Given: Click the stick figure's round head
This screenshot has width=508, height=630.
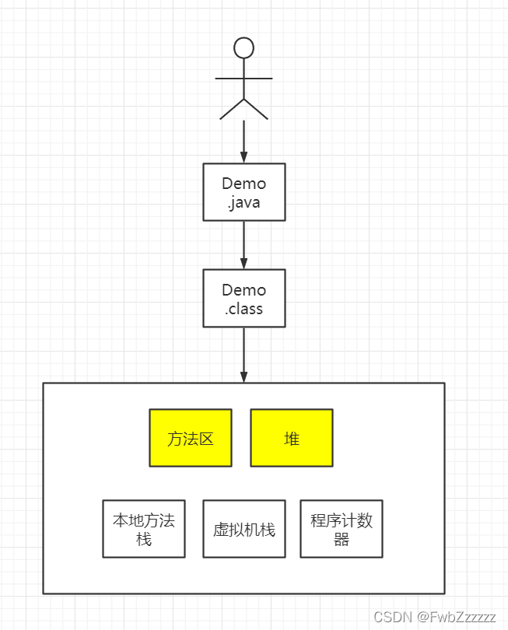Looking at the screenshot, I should [243, 48].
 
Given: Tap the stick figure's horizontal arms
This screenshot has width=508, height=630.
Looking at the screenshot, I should [243, 79].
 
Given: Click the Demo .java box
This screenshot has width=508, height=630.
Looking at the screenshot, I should [243, 192].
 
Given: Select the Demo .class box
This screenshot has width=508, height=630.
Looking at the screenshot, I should [243, 299].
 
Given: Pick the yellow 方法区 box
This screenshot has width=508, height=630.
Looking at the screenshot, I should [191, 438].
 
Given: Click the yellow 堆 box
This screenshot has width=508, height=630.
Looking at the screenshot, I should [292, 438].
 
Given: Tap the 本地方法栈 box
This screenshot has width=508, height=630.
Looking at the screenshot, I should [144, 529].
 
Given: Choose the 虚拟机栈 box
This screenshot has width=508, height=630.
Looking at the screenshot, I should [243, 529].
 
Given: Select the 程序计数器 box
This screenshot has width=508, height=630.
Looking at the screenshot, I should [342, 529].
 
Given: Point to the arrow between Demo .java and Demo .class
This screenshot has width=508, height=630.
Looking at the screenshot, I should [243, 245].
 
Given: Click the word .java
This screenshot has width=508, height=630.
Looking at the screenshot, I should [243, 202].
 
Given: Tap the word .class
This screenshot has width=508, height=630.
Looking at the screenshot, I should [243, 309].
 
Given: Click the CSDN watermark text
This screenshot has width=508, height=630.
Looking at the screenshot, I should [393, 617].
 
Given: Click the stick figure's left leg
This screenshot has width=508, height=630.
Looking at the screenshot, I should [232, 109].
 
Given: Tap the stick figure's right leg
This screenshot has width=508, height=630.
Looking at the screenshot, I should [256, 109].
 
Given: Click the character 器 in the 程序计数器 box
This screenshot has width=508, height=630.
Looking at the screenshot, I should [342, 539].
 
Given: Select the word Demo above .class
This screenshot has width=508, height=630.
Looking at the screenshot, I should [243, 289].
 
